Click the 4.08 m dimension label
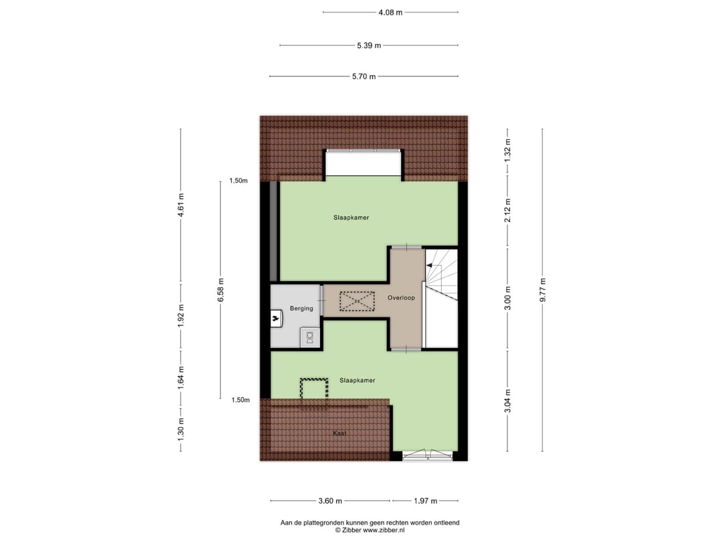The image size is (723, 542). click(x=390, y=12)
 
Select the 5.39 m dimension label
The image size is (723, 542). click(x=369, y=46)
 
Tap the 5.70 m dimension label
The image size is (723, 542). click(x=364, y=76)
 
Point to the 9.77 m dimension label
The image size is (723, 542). click(x=542, y=290)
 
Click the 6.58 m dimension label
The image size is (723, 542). click(x=222, y=290)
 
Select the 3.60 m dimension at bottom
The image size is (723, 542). click(x=330, y=501)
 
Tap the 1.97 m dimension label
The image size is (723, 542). click(x=425, y=501)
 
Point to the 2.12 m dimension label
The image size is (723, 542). click(x=508, y=210)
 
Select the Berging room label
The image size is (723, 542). click(x=301, y=308)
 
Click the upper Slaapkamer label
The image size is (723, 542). click(x=351, y=217)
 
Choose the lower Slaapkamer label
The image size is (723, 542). click(x=357, y=380)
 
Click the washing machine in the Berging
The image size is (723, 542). click(x=311, y=338)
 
